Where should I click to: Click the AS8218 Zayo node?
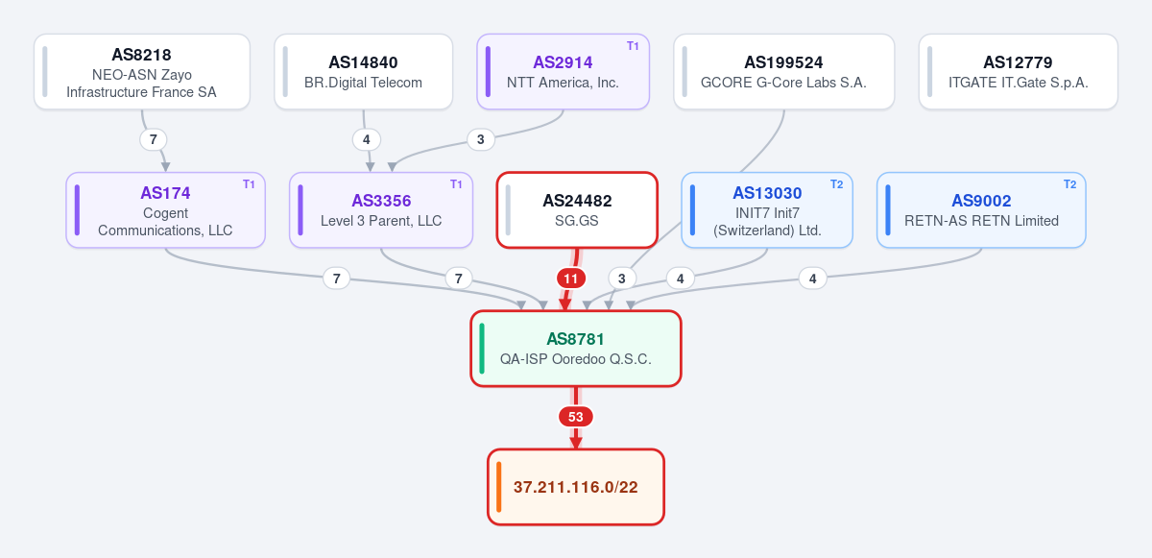tap(142, 71)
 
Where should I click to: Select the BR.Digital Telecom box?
tap(364, 71)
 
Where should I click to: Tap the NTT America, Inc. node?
tap(564, 71)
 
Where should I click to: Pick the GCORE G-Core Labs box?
tap(783, 71)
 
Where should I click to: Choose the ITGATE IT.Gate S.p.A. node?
tap(1019, 71)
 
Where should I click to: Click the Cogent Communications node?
tap(165, 209)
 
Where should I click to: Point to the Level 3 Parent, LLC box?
tap(381, 209)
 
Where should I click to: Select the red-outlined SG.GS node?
tap(577, 209)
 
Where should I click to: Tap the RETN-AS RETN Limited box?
tap(981, 209)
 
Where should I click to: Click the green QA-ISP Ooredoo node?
tap(576, 349)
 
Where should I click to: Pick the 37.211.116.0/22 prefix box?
tap(576, 487)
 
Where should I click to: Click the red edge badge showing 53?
tap(576, 417)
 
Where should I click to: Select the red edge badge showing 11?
tap(571, 279)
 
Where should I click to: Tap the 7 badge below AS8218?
tap(154, 139)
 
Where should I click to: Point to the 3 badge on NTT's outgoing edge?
tap(481, 139)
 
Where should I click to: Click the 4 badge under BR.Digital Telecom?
tap(366, 139)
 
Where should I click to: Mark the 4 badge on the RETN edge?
tap(812, 279)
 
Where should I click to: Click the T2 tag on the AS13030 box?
tap(837, 184)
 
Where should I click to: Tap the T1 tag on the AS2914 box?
tap(633, 46)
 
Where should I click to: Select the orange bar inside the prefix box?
tap(499, 487)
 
